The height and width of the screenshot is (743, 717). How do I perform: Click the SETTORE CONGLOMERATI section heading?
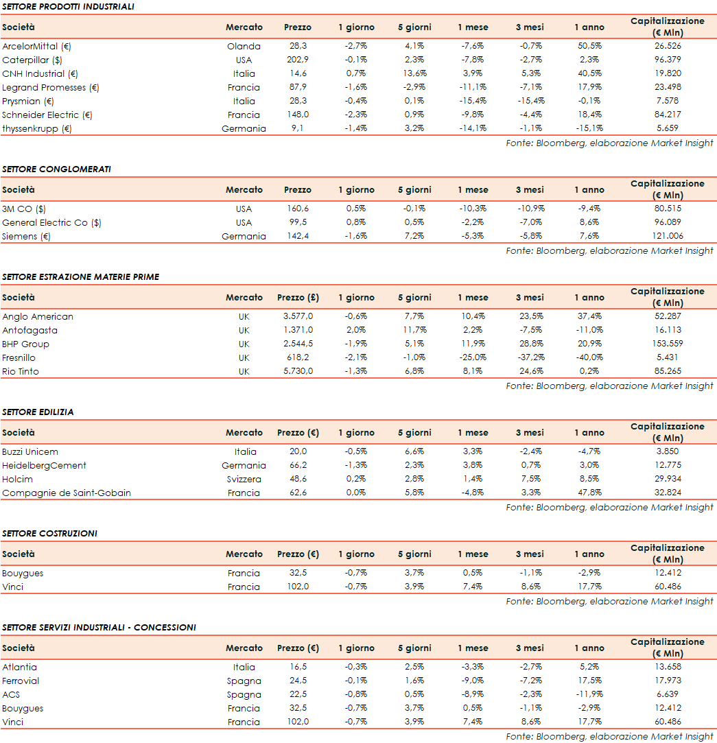click(x=56, y=169)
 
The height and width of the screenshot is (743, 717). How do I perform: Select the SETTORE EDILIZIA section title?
click(x=38, y=412)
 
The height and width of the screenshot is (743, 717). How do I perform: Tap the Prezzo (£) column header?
click(x=298, y=298)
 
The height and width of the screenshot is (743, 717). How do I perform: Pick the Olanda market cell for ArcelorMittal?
click(x=244, y=47)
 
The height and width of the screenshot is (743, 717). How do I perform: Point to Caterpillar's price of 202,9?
click(x=298, y=60)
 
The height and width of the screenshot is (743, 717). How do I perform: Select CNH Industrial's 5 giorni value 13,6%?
click(x=414, y=74)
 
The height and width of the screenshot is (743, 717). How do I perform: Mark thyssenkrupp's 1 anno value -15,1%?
click(x=589, y=129)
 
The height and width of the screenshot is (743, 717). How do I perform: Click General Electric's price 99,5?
click(x=298, y=223)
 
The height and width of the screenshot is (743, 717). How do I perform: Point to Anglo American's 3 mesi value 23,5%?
click(x=530, y=317)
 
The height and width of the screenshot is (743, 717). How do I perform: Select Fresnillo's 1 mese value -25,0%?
click(x=473, y=358)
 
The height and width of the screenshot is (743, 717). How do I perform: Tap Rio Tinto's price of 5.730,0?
click(x=298, y=372)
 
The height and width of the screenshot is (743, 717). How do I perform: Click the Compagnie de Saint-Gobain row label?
click(x=67, y=493)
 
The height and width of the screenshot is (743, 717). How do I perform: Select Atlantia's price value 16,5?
click(x=298, y=668)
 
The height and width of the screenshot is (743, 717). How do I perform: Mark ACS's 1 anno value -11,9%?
click(x=589, y=695)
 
